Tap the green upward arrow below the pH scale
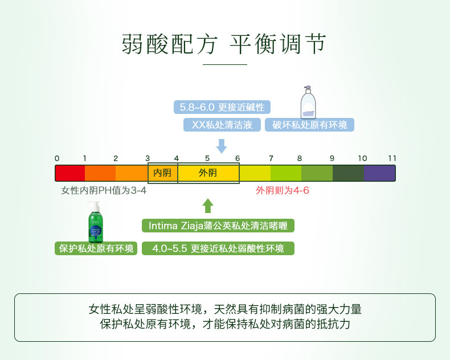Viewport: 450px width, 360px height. click(208, 206)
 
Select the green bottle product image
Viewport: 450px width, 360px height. click(96, 222)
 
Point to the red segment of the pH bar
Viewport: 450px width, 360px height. click(70, 173)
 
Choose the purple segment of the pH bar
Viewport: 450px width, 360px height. click(379, 173)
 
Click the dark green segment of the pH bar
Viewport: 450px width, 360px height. click(348, 173)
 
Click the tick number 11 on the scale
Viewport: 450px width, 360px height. click(392, 158)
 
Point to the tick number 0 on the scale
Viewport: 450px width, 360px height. click(57, 158)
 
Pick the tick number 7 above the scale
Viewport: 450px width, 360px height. click(271, 158)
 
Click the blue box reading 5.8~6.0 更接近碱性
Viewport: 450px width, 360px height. click(222, 107)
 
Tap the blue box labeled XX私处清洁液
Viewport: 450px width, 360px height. click(222, 125)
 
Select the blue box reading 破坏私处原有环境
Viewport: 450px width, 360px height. click(309, 125)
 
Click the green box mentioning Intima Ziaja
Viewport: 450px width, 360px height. click(218, 226)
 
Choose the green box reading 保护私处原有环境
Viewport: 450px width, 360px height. click(96, 248)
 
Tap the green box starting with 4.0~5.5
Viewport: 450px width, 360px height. click(218, 248)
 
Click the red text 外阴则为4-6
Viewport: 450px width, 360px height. click(283, 190)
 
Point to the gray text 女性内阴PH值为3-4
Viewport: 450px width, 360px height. click(104, 190)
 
